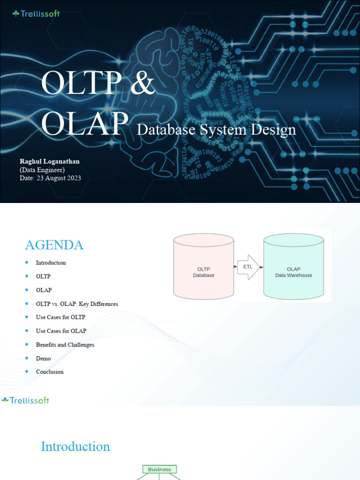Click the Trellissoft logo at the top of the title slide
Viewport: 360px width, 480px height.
36,14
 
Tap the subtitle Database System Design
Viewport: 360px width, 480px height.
216,129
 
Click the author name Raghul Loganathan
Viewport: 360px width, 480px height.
50,161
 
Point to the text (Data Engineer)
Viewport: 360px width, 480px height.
42,170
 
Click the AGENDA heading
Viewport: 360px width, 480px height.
54,245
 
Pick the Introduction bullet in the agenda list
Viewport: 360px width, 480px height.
51,262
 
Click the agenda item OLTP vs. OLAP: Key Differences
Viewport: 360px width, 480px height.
77,304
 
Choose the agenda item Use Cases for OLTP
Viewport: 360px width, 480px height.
60,317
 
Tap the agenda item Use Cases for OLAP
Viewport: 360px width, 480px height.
61,331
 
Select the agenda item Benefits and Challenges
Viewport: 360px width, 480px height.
65,345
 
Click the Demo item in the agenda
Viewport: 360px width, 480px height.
43,358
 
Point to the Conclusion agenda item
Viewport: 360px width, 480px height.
50,372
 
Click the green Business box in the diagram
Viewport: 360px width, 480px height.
159,469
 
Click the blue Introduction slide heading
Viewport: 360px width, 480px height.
75,446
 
